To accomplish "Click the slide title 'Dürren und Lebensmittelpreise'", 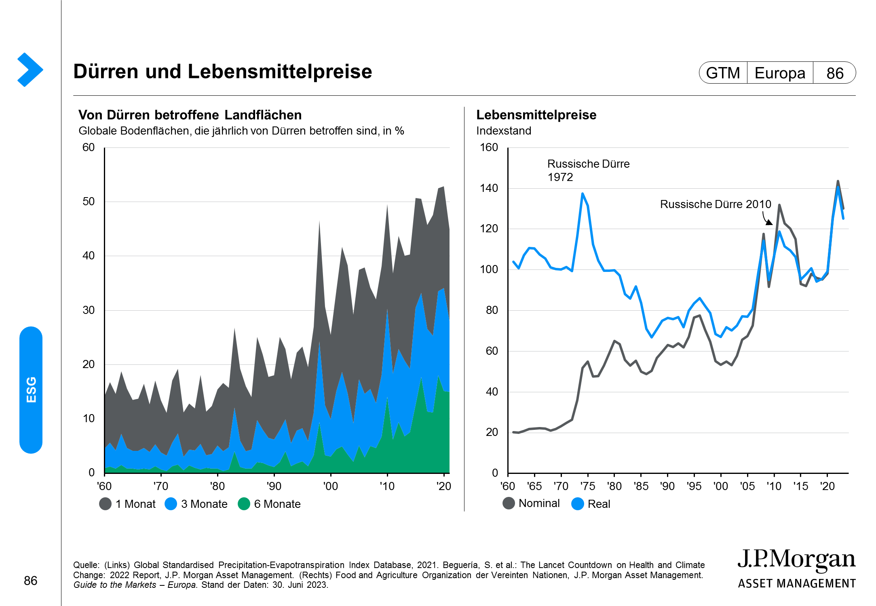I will (x=222, y=72).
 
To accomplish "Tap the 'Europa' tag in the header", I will (x=780, y=73).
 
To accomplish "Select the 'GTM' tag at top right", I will (x=723, y=73).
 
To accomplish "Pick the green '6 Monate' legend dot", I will (x=244, y=504).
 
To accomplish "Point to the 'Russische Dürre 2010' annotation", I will (x=715, y=204).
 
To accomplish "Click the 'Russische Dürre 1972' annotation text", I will (x=588, y=170).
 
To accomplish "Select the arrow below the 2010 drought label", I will (x=767, y=219).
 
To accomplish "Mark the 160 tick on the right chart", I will (x=489, y=147).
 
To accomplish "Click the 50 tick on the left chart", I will (x=89, y=202).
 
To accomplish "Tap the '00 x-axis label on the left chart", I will (x=330, y=486).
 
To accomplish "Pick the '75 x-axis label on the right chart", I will (x=587, y=486).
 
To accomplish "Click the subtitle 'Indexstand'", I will (x=504, y=131).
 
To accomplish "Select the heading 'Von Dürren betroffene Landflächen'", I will (x=190, y=115).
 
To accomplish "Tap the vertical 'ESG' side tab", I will (x=31, y=390).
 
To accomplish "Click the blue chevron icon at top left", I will (x=30, y=69).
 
